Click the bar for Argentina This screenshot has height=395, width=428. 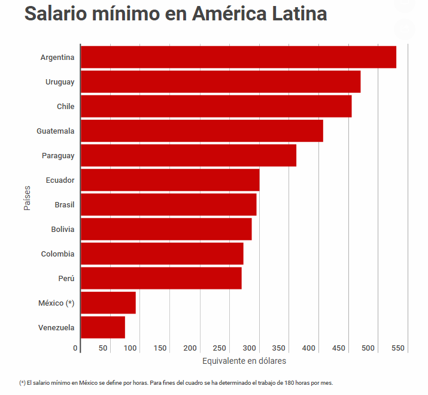point(238,57)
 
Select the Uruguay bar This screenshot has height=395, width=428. point(220,82)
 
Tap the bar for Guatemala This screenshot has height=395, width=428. point(202,131)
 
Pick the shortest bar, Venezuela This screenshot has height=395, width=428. point(103,327)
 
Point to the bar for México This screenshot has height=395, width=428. point(108,303)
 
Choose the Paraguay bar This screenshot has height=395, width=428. point(189,155)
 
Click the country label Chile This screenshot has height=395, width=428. point(65,106)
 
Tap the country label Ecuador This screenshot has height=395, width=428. point(60,180)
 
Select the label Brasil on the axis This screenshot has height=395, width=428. point(64,204)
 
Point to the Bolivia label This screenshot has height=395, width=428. point(63,229)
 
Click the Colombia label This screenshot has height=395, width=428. point(57,254)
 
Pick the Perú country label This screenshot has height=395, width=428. point(66,278)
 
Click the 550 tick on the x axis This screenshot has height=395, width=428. point(398,348)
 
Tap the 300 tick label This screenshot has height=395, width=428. point(250,348)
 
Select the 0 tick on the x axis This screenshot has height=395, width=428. point(76,348)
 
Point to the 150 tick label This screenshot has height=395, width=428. point(160,348)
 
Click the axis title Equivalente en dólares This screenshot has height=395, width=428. point(244,361)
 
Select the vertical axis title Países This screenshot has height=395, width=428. point(28,198)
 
